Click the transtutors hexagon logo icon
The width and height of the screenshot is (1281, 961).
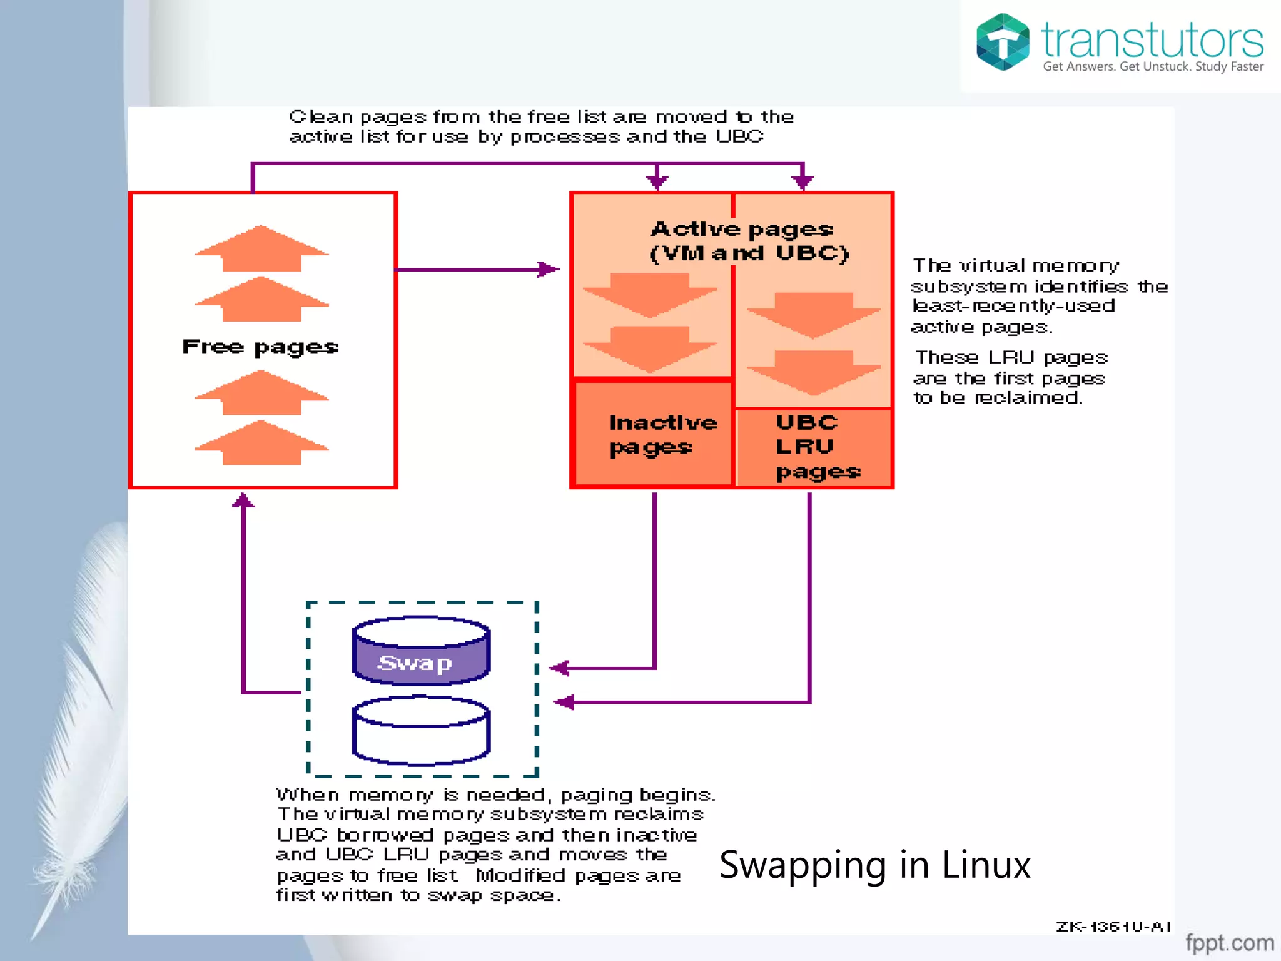[x=1003, y=42]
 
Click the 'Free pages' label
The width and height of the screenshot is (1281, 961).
[x=260, y=347]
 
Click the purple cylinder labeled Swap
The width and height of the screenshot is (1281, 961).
[x=420, y=654]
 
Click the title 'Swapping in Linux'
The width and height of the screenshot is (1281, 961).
[x=874, y=865]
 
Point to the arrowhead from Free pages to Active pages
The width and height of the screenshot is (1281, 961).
[x=549, y=270]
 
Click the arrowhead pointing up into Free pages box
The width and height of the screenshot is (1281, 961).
[x=243, y=501]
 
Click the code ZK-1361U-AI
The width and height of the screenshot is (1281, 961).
[x=1113, y=927]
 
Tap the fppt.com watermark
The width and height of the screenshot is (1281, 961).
[x=1229, y=942]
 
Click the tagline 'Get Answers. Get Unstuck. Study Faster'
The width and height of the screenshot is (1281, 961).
[x=1153, y=66]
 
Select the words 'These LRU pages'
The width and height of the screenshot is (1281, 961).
[x=1011, y=358]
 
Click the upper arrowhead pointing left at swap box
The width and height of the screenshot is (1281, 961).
[x=559, y=668]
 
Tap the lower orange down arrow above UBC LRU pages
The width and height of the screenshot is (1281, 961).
[x=813, y=372]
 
